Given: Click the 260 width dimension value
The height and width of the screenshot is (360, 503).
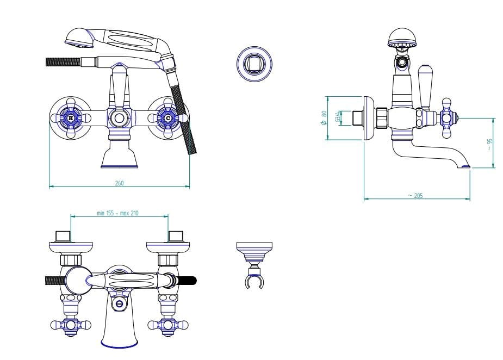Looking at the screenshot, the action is coord(119,183).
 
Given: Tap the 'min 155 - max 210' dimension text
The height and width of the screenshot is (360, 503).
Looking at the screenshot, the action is coord(118,213).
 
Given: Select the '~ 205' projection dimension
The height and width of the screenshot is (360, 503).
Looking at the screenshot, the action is coord(415,195).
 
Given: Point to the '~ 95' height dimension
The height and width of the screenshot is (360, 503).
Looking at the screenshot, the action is coord(489,145).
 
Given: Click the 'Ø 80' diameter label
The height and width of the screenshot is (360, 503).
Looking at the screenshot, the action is coord(324,118).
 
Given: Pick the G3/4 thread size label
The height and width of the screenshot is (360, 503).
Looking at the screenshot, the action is coord(338,116).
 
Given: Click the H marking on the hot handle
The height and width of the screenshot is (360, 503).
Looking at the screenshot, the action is coord(71,119).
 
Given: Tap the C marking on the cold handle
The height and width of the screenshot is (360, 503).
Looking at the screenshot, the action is coord(168,119).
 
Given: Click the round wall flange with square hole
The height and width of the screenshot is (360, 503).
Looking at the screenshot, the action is coord(254,63).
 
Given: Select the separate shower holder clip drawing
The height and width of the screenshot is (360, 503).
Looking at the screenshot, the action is coord(254,265).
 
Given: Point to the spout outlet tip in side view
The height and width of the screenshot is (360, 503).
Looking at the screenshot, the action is coord(465,166).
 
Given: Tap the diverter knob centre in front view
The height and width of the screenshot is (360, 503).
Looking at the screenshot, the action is coord(119,119).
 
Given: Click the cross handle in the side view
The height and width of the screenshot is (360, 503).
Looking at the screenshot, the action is coord(446,118).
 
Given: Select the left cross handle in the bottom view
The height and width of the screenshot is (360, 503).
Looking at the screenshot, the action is coord(71,325).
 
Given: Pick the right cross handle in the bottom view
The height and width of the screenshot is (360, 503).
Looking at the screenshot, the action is coord(167,325).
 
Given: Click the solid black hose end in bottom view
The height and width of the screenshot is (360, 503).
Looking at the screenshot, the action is coord(187,281).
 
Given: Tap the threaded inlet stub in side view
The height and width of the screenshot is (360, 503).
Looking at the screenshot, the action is coord(357,118).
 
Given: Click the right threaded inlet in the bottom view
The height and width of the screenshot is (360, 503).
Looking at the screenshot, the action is coord(176,236).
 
